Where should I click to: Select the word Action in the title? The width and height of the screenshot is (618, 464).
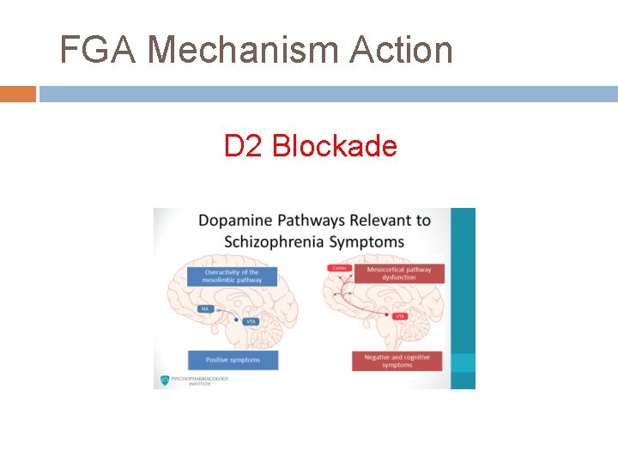tap(401, 50)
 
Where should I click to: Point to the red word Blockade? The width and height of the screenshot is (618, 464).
tap(335, 146)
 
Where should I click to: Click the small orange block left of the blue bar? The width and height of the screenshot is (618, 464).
tap(17, 94)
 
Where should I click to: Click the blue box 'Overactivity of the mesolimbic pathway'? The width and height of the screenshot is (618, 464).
tap(233, 276)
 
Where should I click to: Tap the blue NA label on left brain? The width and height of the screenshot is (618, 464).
tap(205, 308)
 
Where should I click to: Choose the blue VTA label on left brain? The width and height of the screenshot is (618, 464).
tap(251, 321)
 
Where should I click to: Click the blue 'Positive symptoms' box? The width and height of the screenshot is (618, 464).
tap(233, 359)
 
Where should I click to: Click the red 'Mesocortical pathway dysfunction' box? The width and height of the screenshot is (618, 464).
tap(398, 273)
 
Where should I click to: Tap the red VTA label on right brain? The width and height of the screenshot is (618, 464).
tap(399, 316)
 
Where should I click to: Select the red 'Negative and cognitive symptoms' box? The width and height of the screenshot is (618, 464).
tap(397, 361)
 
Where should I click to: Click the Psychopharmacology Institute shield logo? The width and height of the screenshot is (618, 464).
tap(164, 381)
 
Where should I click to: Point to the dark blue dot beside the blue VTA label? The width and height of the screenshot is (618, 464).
tap(238, 319)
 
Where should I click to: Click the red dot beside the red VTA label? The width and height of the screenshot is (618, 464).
tap(386, 314)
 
